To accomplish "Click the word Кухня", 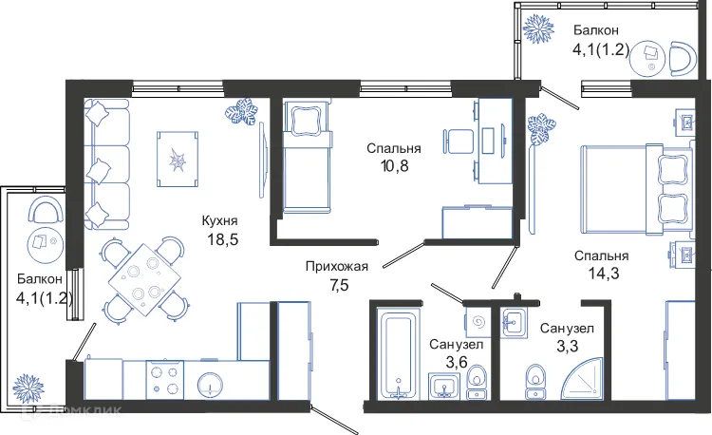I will coord(219,220).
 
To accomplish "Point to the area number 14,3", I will coord(601,275).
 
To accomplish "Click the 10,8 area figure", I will coord(394,168).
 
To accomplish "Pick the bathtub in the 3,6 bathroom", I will coord(396,351).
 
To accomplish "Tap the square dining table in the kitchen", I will coord(143,279).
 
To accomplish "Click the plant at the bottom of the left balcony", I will coord(28,387).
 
